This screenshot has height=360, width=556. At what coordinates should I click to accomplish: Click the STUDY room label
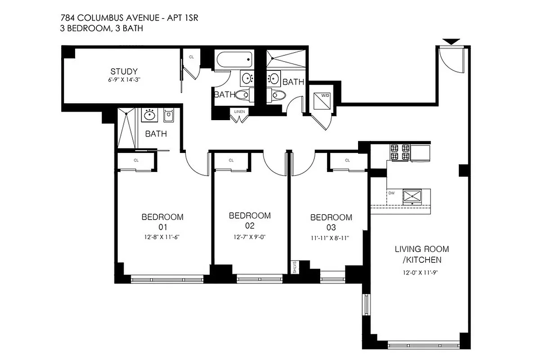(124, 72)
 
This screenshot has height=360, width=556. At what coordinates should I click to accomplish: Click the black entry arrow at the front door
(451, 42)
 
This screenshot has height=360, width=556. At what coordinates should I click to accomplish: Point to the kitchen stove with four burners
(400, 152)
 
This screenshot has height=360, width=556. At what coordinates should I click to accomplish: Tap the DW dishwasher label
(391, 193)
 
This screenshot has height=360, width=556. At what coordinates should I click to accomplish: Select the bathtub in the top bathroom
(233, 60)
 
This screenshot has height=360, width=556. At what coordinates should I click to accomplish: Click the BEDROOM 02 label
(250, 220)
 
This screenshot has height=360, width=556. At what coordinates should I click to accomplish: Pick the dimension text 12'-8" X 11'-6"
(162, 237)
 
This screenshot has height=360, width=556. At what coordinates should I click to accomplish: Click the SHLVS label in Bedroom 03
(295, 267)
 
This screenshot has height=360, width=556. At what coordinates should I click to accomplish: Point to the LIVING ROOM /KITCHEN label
(421, 254)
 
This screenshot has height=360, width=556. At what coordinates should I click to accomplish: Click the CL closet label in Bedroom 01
(135, 160)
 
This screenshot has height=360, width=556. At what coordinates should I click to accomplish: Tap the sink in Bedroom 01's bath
(149, 115)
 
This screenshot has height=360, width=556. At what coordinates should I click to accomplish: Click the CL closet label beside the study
(191, 57)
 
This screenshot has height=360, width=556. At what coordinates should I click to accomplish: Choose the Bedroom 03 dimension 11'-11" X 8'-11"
(331, 238)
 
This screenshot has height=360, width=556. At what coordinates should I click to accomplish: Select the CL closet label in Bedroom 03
(347, 160)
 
